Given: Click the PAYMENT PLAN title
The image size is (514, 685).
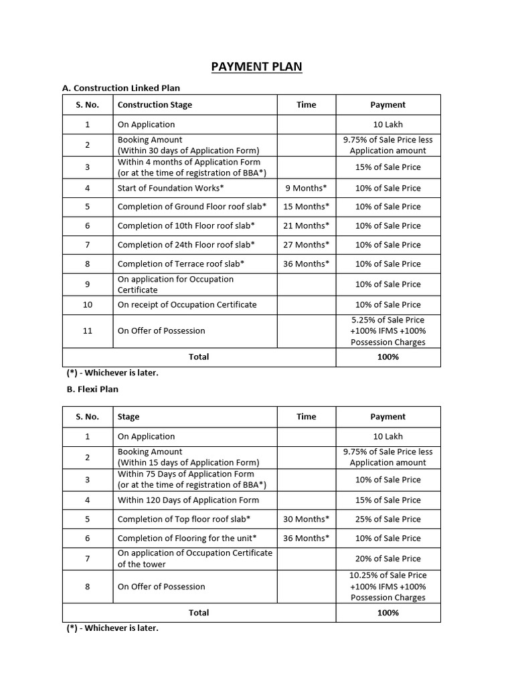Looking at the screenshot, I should [256, 66].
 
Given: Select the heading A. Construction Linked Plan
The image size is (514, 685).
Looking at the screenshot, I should [120, 88].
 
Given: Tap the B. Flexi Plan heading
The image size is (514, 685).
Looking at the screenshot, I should [90, 389].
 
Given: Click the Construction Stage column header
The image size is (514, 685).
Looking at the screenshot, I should [155, 104].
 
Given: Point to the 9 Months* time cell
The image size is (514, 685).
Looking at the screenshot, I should [306, 188].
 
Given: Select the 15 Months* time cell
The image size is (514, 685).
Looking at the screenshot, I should [306, 207].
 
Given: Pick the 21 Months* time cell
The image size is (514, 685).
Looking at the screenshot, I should [306, 225].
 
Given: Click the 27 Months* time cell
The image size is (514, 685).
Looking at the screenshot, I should [306, 245].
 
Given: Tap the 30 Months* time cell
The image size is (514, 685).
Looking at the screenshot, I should [306, 519].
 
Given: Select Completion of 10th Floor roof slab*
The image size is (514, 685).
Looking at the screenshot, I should [186, 225].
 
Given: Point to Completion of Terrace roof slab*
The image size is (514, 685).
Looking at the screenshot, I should [181, 264].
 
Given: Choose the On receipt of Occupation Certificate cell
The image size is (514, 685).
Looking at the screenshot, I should [187, 304].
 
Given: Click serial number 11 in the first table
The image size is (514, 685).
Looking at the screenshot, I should [88, 330].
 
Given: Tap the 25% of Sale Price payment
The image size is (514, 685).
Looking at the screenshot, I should [388, 519].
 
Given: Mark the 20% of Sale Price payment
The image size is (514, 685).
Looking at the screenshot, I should [388, 559].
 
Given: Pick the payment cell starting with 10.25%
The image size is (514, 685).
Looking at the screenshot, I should [388, 586].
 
